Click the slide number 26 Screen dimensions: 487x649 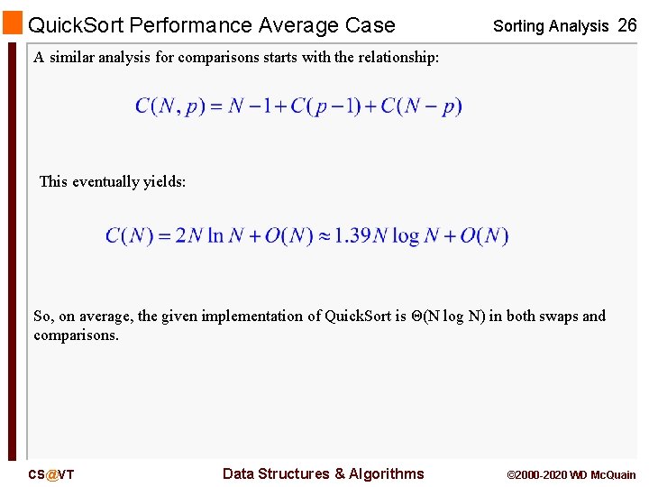626,25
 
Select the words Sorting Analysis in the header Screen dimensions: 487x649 551,26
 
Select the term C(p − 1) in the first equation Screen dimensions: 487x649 334,106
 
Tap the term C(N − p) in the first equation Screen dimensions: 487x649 421,106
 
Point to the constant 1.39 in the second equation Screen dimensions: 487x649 353,236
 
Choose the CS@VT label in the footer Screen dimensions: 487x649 50,474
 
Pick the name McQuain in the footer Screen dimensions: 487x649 615,474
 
